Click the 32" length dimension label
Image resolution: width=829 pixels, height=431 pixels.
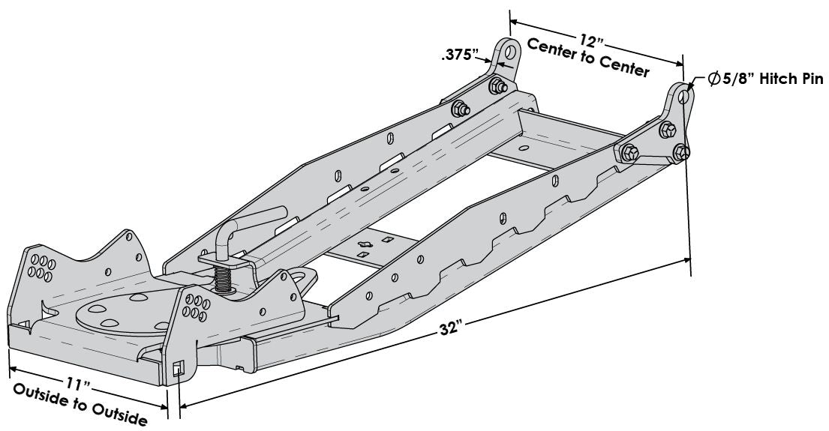click(x=452, y=328)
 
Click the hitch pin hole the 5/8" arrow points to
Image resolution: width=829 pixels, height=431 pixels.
click(x=681, y=95)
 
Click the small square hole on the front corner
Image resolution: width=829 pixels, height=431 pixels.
click(x=178, y=369)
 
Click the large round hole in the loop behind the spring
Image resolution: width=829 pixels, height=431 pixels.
click(x=303, y=277)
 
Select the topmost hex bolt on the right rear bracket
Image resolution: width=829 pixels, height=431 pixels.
click(x=664, y=130)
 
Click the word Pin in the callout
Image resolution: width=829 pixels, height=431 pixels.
click(x=812, y=81)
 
